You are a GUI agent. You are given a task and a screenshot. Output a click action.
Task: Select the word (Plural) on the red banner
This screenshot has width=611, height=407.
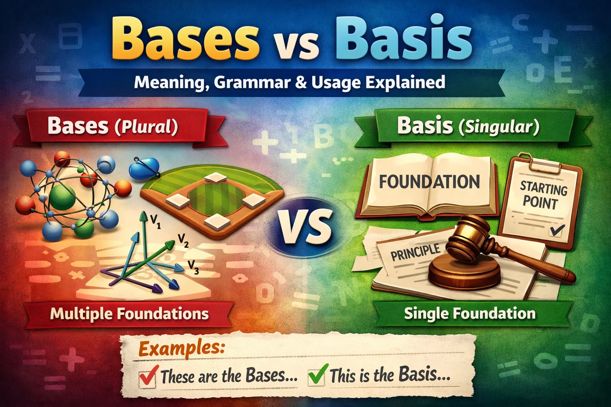click(x=146, y=127)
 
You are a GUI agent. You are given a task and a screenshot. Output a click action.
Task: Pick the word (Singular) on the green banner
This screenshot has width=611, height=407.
click(x=499, y=127)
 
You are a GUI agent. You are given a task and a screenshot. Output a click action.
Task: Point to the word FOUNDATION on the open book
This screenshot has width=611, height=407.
click(x=429, y=182)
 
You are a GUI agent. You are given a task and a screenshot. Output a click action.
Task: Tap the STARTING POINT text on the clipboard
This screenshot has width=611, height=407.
click(x=543, y=195)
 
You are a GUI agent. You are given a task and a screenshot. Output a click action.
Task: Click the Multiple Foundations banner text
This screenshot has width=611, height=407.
click(x=129, y=314)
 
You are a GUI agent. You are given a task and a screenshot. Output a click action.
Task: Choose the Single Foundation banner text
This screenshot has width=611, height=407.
click(x=470, y=314)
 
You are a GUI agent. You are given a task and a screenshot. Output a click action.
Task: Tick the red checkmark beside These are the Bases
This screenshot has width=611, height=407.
click(x=148, y=376)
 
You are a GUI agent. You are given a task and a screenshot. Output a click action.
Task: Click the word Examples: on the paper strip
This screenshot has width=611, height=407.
click(x=181, y=349)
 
